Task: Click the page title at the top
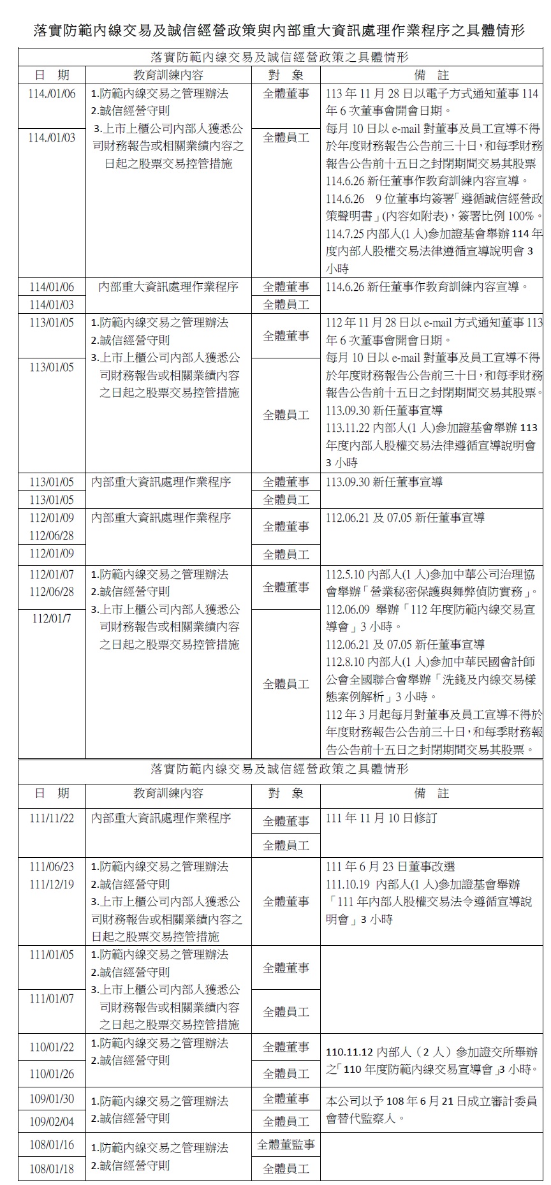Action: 279,30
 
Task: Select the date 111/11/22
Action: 52,818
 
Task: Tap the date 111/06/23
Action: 52,867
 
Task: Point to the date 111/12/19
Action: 52,885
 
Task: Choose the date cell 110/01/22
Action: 52,1047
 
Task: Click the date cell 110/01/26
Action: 52,1074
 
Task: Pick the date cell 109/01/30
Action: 52,1099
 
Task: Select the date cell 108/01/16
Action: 52,1145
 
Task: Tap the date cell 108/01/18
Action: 52,1169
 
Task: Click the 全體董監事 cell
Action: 286,1145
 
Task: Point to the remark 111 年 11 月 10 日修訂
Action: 381,818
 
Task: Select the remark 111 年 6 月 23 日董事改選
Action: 390,867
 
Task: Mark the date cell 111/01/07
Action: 52,999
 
